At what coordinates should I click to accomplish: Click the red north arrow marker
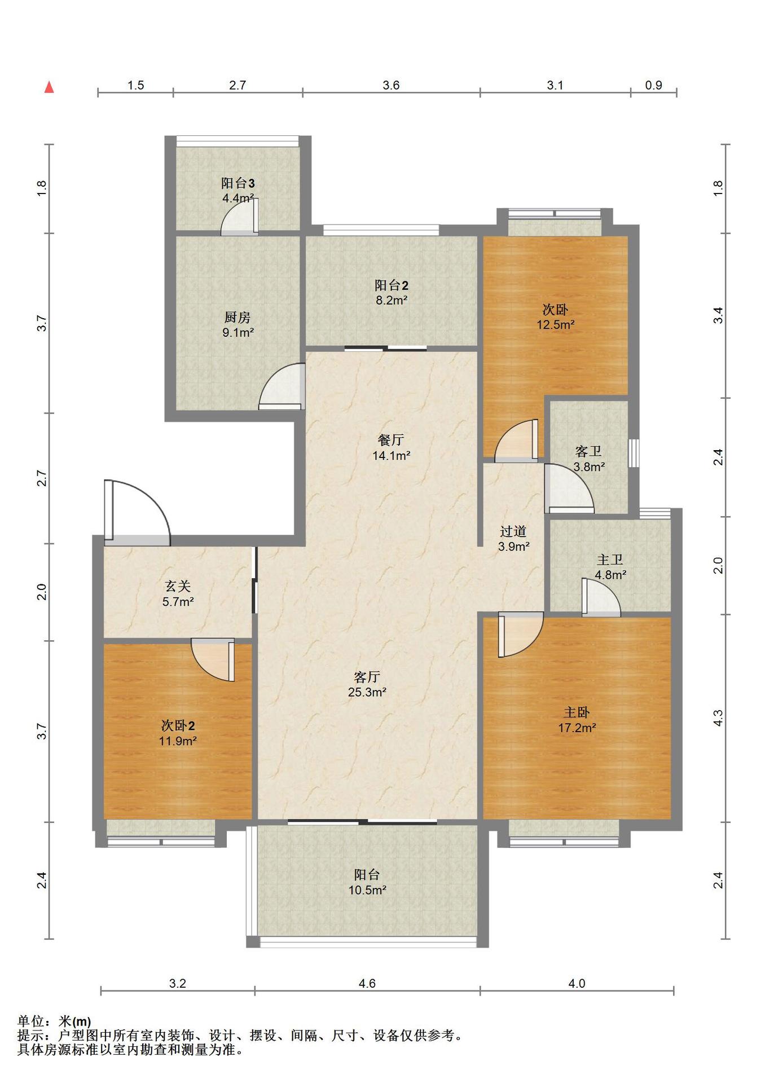[50, 87]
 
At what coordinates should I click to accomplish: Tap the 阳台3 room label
[238, 183]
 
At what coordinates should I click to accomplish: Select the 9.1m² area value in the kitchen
[238, 333]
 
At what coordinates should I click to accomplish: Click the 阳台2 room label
[392, 285]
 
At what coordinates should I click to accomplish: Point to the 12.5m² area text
[556, 325]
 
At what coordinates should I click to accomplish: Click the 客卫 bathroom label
[588, 451]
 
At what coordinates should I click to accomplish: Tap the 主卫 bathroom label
[610, 560]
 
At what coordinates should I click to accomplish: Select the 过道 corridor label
[513, 531]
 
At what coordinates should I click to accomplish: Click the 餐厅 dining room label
[391, 440]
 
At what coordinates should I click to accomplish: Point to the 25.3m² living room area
[367, 692]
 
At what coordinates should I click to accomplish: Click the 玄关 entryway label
[178, 587]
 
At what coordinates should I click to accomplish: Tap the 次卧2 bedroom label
[178, 726]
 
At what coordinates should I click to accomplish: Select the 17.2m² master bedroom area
[577, 728]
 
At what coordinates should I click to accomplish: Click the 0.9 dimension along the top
[653, 85]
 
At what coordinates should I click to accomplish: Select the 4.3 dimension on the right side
[718, 717]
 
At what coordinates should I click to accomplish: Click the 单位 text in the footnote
[30, 1022]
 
